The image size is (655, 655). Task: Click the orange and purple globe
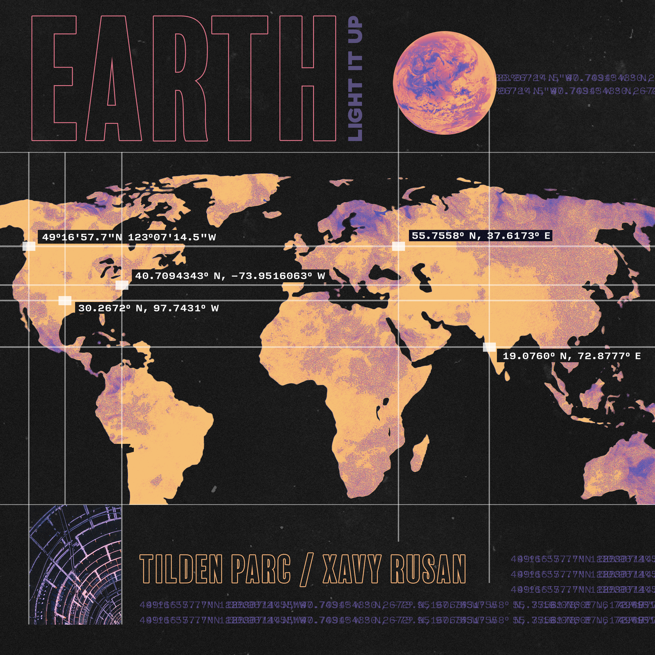coord(444,82)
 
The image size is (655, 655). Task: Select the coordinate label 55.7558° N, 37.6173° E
coord(481,236)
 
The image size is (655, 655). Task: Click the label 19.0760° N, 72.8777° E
coord(571,356)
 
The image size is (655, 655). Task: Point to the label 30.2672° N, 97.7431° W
coord(148,308)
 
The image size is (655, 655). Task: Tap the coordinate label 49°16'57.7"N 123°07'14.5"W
coord(129,237)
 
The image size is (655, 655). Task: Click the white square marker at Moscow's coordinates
coord(398,246)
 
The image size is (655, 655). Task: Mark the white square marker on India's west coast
coord(489,347)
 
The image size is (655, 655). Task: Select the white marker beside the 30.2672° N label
coord(65,300)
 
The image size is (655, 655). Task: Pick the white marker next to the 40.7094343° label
coord(122,285)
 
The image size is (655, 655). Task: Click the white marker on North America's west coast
coord(29,246)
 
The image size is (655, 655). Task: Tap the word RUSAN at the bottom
coord(428,569)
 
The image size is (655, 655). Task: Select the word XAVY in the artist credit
coord(351,569)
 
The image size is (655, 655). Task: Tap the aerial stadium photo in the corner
coord(75,565)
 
